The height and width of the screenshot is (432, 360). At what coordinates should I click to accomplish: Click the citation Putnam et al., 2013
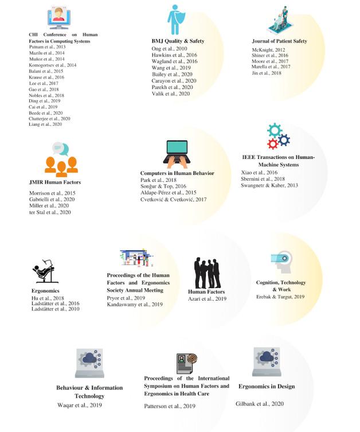point(43,47)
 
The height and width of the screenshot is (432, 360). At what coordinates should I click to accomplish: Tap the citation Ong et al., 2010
point(163,49)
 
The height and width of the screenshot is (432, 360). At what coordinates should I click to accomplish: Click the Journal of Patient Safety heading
point(279,41)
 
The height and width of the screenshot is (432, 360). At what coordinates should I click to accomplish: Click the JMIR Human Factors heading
point(55,182)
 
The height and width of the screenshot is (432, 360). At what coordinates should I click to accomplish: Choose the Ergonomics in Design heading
point(266,386)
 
